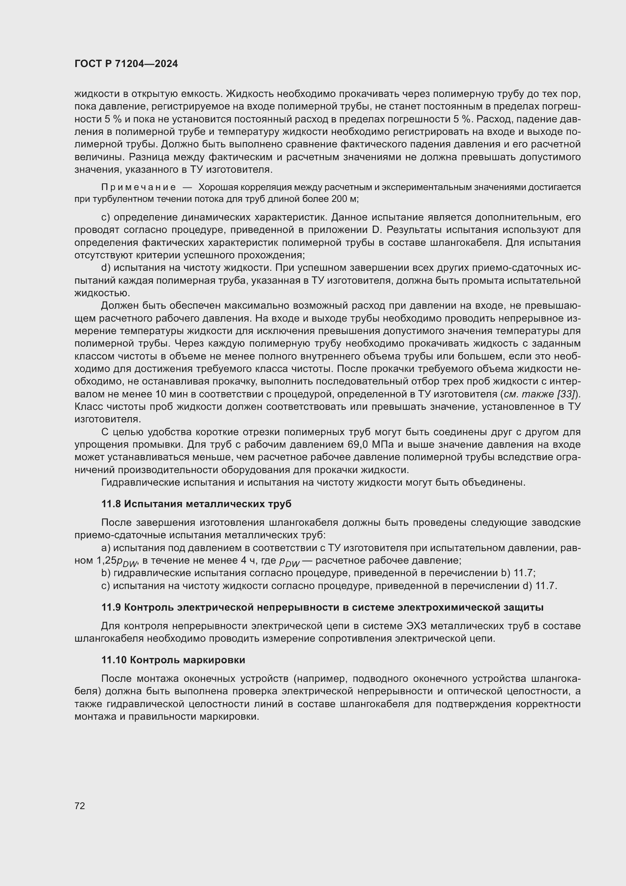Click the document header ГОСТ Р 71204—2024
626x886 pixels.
(x=126, y=64)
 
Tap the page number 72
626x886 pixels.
(x=80, y=806)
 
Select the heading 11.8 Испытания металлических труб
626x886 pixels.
(x=196, y=503)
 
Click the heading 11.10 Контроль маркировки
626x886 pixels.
(x=173, y=659)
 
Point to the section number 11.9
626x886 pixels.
(x=111, y=607)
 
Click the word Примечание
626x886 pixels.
(x=139, y=188)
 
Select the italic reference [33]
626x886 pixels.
(x=567, y=394)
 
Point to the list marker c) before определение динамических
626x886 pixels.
(x=106, y=217)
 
